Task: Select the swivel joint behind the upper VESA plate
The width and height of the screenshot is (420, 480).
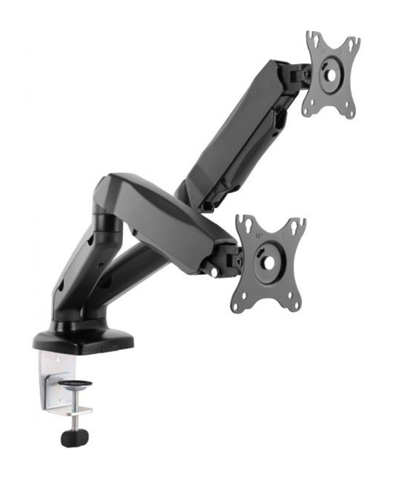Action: (298, 74)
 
